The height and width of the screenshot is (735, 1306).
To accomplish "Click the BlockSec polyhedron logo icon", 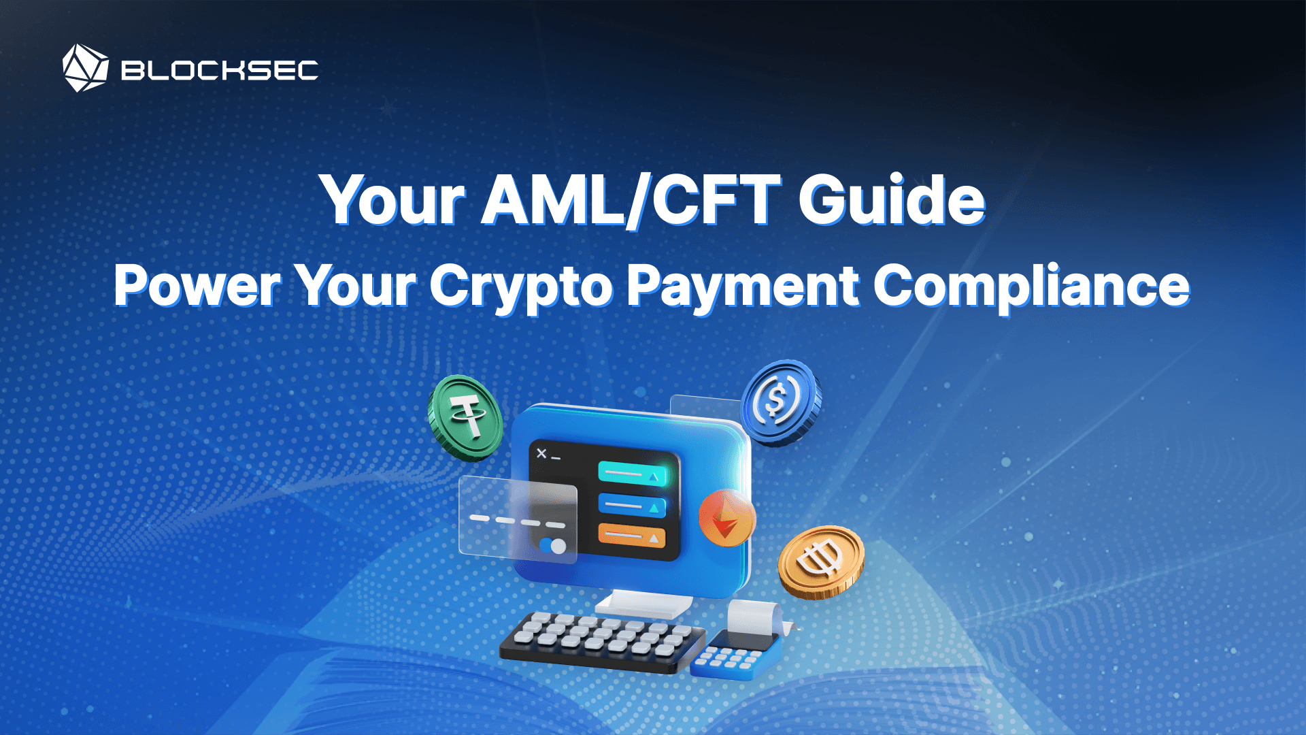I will pos(85,68).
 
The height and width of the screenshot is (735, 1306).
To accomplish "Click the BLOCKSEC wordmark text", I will pos(219,70).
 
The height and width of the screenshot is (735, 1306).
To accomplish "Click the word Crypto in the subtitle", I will pos(521,286).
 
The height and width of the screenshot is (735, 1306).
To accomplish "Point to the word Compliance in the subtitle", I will pos(1031,286).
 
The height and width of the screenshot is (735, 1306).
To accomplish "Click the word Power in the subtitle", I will pos(197,286).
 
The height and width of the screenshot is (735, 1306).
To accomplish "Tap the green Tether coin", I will pos(466,417).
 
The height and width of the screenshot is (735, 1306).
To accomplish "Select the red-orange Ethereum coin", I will pos(726,518).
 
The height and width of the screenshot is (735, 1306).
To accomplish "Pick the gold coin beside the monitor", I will pos(821,562).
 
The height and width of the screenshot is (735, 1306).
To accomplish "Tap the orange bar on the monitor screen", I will pos(631,536).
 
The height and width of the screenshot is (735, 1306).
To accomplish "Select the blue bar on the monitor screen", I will pos(631,506).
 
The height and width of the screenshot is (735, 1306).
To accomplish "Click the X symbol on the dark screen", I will pos(541,453).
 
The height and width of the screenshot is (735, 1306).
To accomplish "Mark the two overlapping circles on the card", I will pos(552,546).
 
